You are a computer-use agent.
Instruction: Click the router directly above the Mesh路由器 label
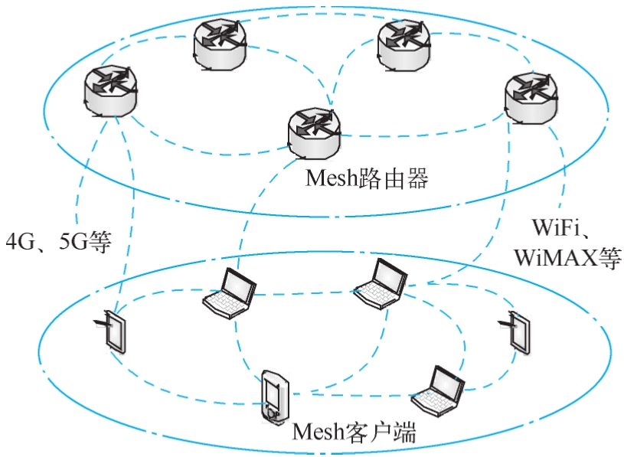click(x=314, y=133)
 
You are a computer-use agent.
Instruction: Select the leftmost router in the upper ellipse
click(x=110, y=91)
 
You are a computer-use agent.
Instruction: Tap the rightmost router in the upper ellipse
click(x=531, y=98)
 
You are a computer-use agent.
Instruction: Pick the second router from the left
click(x=220, y=44)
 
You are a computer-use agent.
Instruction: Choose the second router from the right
click(x=404, y=45)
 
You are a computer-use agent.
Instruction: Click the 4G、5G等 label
click(x=58, y=241)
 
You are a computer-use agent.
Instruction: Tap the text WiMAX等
click(x=567, y=257)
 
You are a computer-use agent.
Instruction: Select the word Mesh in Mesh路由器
click(x=332, y=178)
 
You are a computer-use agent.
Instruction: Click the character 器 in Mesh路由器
click(x=417, y=178)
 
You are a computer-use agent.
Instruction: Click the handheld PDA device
click(x=275, y=397)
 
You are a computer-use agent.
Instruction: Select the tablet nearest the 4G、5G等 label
click(x=113, y=331)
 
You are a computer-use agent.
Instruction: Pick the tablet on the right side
click(x=517, y=332)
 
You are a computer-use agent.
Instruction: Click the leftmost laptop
click(x=230, y=293)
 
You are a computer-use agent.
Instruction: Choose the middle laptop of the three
click(x=380, y=284)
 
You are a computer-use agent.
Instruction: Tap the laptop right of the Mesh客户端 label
click(x=438, y=391)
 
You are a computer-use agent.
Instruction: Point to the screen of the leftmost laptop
click(x=238, y=286)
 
